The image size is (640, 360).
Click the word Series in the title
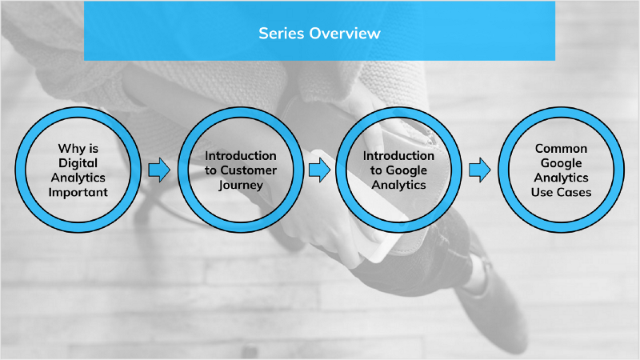tap(279, 34)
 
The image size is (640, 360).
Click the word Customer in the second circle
tap(250, 170)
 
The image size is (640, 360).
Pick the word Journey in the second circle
tap(240, 185)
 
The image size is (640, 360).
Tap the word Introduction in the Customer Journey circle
tap(240, 155)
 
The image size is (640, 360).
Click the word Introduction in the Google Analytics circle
tap(398, 155)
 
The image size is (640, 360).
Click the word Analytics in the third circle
tap(398, 185)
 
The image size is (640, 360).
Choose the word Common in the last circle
tap(561, 148)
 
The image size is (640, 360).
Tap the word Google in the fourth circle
tap(561, 162)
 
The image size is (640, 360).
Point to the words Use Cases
tap(561, 192)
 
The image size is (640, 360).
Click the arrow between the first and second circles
tap(160, 170)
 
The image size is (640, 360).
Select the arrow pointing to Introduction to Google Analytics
tap(319, 170)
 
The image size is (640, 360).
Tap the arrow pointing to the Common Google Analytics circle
tap(479, 170)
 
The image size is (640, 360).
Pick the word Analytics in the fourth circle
tap(561, 178)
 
